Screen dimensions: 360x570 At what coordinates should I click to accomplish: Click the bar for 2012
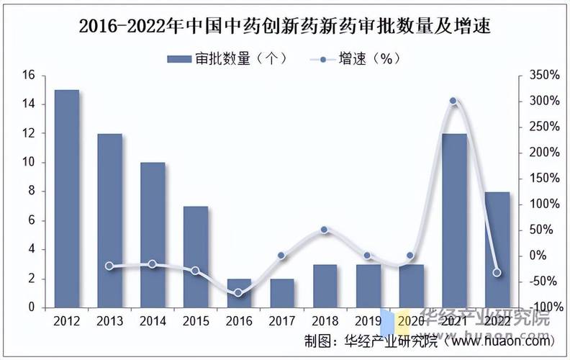pyautogui.click(x=66, y=199)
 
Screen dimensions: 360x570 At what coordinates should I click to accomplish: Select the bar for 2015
pyautogui.click(x=195, y=257)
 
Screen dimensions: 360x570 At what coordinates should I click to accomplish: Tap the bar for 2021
pyautogui.click(x=453, y=220)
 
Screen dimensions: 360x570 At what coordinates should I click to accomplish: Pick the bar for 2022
pyautogui.click(x=497, y=250)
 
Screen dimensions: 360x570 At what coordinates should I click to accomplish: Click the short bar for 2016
pyautogui.click(x=238, y=293)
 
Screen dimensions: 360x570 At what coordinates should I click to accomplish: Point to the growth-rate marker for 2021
pyautogui.click(x=453, y=102)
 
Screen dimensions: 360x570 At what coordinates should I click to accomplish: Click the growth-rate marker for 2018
pyautogui.click(x=325, y=230)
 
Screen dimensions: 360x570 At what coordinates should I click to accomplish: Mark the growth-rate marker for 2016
pyautogui.click(x=238, y=293)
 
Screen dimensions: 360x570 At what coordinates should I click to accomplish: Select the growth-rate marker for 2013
pyautogui.click(x=109, y=266)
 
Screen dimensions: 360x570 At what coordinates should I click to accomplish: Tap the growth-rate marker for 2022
pyautogui.click(x=497, y=272)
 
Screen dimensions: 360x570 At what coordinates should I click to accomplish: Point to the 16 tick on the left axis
pyautogui.click(x=29, y=75)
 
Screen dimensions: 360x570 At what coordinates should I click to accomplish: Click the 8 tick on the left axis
pyautogui.click(x=32, y=192)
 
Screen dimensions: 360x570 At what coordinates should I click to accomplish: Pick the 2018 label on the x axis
pyautogui.click(x=325, y=321)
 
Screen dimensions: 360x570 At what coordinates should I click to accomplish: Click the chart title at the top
pyautogui.click(x=285, y=27)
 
